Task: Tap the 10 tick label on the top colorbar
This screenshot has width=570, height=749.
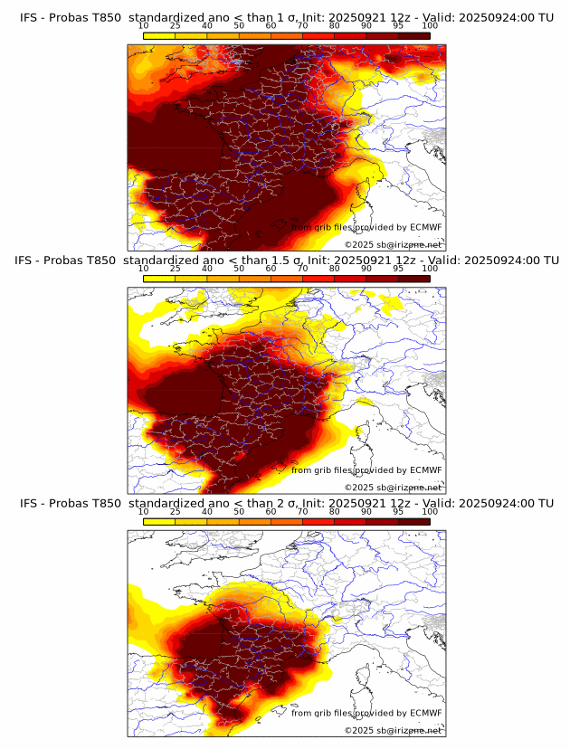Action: click(x=144, y=25)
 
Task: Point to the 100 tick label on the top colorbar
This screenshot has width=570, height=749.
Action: click(x=430, y=25)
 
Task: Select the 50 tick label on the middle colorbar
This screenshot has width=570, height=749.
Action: click(x=239, y=269)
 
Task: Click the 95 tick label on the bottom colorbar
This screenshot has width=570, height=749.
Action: click(x=398, y=512)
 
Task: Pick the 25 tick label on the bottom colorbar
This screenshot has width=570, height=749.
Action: click(x=176, y=512)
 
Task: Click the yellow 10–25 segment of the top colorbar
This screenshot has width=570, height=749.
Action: click(x=159, y=35)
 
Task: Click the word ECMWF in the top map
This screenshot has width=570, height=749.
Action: click(x=425, y=227)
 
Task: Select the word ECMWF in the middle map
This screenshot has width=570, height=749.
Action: click(x=425, y=470)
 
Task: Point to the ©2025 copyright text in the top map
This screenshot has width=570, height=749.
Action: click(x=393, y=244)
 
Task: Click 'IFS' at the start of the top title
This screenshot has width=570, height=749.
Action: click(x=30, y=17)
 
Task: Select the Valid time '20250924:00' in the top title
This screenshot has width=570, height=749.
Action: click(x=502, y=17)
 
